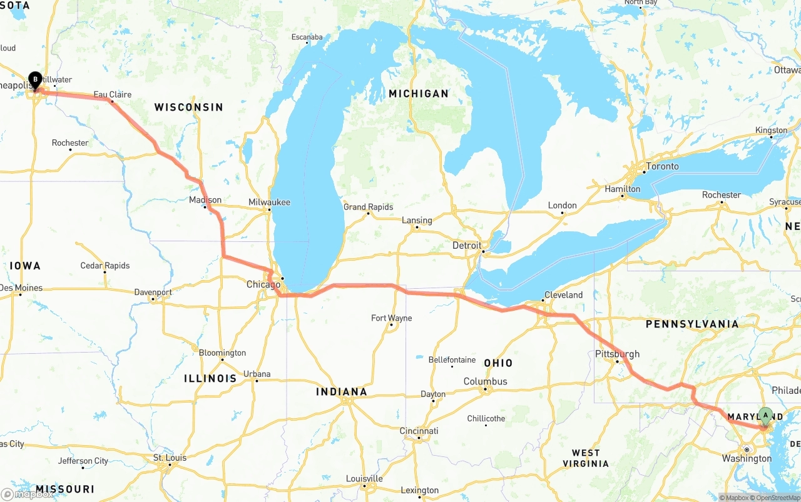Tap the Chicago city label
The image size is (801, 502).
(x=263, y=284)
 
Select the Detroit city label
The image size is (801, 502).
(x=467, y=246)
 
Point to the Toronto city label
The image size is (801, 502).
(x=662, y=166)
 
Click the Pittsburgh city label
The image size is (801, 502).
(x=617, y=354)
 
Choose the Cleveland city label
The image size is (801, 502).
(x=563, y=294)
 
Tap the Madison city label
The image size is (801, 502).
(x=205, y=200)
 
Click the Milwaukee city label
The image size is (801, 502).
(x=269, y=202)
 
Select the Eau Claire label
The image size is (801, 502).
(x=113, y=94)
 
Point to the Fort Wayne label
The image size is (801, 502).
(x=391, y=318)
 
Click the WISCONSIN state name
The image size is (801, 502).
(x=188, y=107)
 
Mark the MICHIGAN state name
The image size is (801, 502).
(x=419, y=94)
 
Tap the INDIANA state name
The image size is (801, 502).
(x=341, y=392)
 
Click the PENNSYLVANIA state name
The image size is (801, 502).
(x=692, y=324)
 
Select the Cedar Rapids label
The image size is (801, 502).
(x=105, y=266)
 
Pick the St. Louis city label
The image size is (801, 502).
(x=170, y=458)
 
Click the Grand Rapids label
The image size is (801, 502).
(x=368, y=207)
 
